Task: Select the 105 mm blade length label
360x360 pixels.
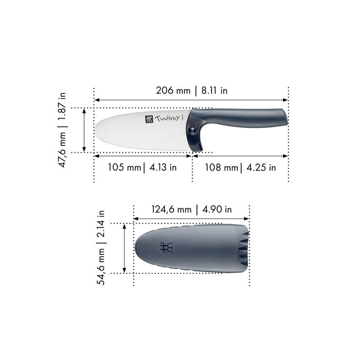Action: point(123,167)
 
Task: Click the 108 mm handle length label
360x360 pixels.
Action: point(221,167)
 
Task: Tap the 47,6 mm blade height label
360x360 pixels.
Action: point(63,148)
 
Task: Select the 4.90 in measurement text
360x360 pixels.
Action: point(216,210)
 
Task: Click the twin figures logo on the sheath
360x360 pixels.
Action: point(167,248)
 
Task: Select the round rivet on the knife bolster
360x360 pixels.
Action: point(194,129)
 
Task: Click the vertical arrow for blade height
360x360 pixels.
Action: point(85,130)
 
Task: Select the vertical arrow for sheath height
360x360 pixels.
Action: point(125,248)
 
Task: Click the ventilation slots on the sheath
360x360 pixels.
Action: point(243,248)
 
